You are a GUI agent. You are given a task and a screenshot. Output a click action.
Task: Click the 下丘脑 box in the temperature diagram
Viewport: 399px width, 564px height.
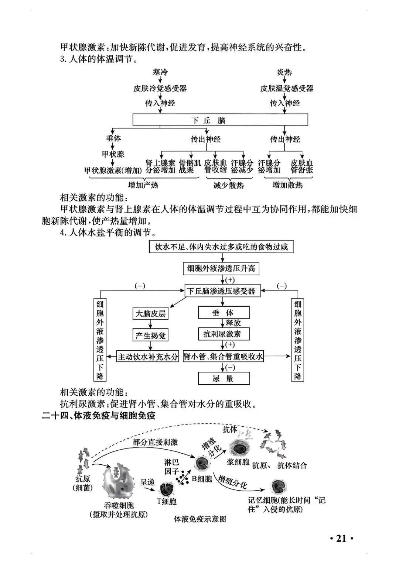coord(220,120)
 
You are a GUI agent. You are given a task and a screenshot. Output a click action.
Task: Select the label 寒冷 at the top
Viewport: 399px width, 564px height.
coord(160,72)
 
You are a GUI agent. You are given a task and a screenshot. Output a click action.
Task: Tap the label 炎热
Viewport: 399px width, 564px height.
coord(284,72)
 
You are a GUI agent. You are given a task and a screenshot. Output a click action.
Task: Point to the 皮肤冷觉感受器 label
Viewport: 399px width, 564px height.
coord(160,89)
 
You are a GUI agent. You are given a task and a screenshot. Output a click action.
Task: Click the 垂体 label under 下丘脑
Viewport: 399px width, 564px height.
coord(113,138)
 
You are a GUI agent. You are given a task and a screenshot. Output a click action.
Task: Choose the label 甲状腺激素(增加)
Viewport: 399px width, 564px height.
coord(113,170)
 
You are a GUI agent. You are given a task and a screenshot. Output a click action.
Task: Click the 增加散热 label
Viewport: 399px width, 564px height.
coord(287,185)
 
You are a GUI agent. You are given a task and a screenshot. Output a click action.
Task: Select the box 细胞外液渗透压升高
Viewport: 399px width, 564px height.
coord(221,268)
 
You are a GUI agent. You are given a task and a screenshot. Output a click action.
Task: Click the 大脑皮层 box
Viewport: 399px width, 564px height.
coord(150,314)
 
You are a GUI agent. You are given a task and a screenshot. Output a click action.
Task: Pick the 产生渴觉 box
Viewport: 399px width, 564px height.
coord(150,335)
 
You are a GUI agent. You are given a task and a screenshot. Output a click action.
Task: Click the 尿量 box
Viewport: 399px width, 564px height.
coord(224,379)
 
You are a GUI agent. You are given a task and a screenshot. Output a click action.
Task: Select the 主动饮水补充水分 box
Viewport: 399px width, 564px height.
coord(148,357)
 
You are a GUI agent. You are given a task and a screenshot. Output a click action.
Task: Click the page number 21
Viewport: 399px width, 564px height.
coord(341,539)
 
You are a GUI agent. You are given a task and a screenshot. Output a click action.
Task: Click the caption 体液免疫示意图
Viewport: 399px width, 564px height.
coord(199,519)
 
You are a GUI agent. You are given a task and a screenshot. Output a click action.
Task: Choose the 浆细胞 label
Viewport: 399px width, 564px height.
coord(238,462)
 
